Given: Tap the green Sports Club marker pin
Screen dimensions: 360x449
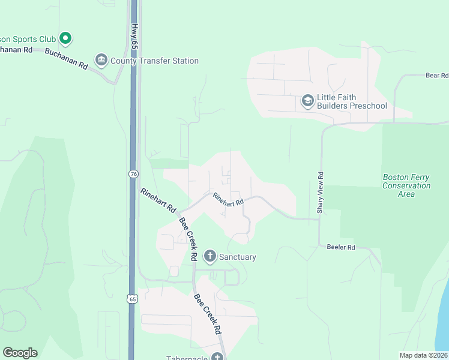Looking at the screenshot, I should (65, 39).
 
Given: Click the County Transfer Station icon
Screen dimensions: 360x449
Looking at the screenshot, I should (101, 60).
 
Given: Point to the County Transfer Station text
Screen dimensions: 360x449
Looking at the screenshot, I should (154, 61).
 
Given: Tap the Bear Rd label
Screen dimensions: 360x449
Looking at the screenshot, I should (436, 76).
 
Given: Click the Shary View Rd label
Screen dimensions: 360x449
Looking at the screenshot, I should (321, 193).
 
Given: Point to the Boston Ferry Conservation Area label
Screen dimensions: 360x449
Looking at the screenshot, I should (406, 185).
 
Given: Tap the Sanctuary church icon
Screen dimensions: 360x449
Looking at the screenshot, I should (210, 257).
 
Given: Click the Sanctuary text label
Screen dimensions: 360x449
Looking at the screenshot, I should (237, 257).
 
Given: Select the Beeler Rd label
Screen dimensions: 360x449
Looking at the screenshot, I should (342, 247).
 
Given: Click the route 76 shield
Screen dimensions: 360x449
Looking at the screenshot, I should (133, 173).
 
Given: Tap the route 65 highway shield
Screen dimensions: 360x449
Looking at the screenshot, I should (133, 298).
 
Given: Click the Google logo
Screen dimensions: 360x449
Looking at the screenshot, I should (20, 353).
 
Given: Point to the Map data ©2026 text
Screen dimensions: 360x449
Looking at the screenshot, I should (424, 355).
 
